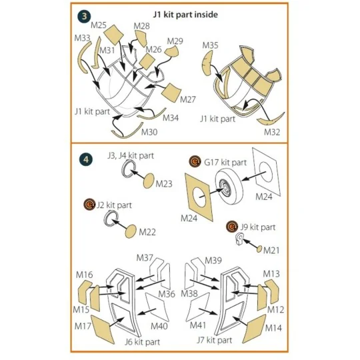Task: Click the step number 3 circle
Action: coord(84,17)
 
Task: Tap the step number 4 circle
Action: coord(85,159)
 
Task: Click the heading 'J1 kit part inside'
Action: coord(185,15)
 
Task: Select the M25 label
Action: coord(99,25)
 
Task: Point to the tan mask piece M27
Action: coord(171,92)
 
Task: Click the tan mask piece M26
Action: coord(147,61)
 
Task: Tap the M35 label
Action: coord(210,45)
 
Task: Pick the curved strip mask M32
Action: coord(270,120)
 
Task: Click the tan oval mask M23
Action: coord(149,181)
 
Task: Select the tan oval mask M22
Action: coord(131,231)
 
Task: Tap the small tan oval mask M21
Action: coord(259,249)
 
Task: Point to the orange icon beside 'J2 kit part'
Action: coord(89,205)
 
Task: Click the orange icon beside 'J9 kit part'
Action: coord(232,227)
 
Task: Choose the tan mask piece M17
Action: coord(103,329)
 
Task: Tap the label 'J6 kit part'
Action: coord(143,342)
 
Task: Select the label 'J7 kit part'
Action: coord(215,340)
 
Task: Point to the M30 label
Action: coord(149,132)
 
